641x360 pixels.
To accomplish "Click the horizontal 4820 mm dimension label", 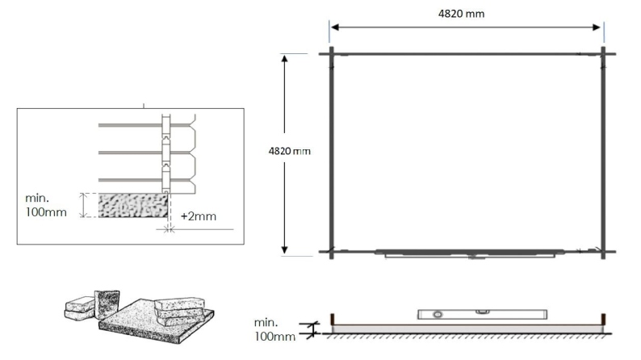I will tap(466, 14).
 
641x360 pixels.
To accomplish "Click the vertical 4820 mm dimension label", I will tap(288, 151).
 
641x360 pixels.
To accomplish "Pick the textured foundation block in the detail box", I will tap(132, 204).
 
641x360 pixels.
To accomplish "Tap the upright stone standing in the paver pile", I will tap(107, 304).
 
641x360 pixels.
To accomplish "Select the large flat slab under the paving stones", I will tap(157, 322).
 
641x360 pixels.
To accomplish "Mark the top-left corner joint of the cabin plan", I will tap(331, 53).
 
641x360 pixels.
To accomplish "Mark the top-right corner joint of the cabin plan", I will tap(603, 53).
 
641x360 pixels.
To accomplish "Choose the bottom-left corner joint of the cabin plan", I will tap(331, 252).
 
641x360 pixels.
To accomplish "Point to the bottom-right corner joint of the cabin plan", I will tap(603, 252).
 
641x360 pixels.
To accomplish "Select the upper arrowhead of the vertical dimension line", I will tap(284, 59).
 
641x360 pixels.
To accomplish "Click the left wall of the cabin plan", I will tap(331, 153).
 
